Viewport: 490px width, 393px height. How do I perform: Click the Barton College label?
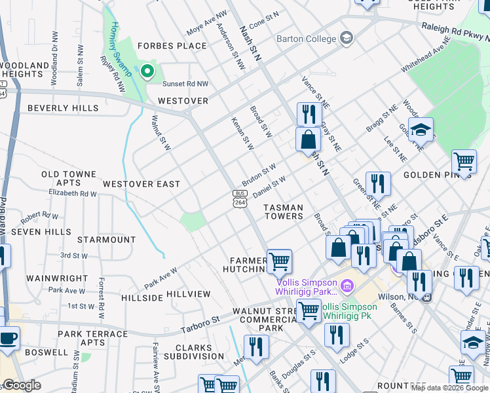click(x=306, y=39)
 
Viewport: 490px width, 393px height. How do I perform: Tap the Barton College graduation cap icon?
click(x=347, y=39)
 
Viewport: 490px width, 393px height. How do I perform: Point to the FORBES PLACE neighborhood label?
click(x=170, y=46)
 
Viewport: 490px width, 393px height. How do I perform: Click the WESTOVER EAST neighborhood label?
click(x=141, y=184)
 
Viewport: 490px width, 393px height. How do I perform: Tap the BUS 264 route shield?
click(x=240, y=198)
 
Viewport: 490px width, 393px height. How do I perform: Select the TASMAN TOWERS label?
click(x=284, y=212)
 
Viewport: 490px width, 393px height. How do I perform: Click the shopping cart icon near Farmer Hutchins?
click(x=279, y=261)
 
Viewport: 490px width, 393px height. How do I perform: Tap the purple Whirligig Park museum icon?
click(x=347, y=286)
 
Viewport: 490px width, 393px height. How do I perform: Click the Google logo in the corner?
click(x=22, y=385)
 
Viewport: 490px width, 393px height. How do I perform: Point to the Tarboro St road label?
click(x=200, y=324)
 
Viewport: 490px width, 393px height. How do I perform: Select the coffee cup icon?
click(x=8, y=338)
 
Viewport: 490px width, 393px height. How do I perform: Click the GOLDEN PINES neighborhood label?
click(x=429, y=175)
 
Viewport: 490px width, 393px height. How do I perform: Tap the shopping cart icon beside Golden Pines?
click(x=464, y=160)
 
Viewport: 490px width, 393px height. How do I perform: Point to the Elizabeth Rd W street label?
click(x=72, y=193)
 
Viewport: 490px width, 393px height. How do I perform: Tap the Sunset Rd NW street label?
click(x=185, y=84)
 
